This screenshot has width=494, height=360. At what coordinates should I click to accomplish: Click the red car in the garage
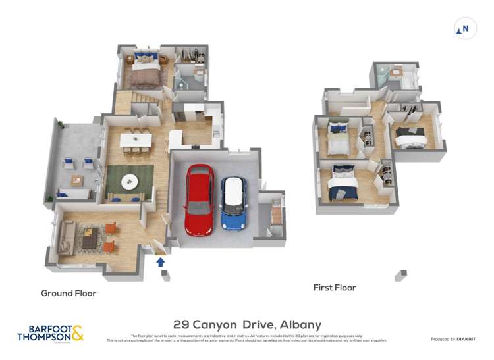198,199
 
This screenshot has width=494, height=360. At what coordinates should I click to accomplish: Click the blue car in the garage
233,203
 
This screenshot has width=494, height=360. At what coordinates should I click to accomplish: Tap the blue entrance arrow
160,262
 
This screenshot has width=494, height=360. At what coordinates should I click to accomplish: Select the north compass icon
465,29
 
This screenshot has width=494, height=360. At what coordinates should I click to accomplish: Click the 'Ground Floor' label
69,293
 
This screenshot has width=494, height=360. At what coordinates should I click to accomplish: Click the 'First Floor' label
334,288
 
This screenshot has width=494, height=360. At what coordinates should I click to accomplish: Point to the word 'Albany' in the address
300,324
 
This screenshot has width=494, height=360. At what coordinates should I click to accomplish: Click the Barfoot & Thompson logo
51,333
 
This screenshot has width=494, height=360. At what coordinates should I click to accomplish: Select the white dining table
136,140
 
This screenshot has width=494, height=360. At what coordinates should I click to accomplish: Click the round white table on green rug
129,179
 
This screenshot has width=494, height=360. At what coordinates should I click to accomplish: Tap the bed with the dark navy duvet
343,185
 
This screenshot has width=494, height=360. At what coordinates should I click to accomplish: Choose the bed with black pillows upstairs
411,137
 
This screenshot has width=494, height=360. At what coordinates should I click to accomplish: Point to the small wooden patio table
77,180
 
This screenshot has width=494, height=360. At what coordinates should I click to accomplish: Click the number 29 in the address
182,324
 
